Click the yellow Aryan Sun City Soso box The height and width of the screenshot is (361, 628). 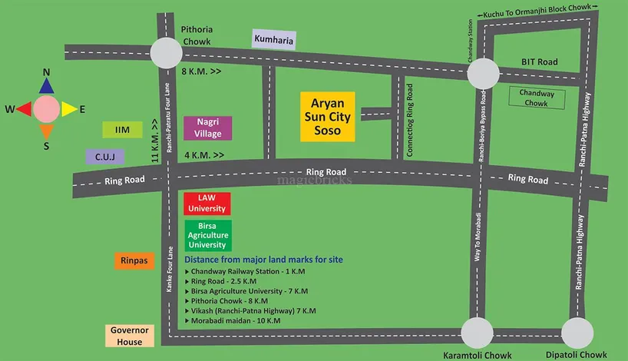tap(327, 117)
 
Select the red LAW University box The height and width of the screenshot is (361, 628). tap(207, 204)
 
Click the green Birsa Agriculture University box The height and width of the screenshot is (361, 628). tap(207, 235)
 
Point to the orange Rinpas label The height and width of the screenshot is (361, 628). tap(134, 262)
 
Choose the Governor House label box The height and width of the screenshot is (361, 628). tap(127, 336)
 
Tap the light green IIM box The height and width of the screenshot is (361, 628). tap(123, 130)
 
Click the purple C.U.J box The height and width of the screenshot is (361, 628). tap(105, 157)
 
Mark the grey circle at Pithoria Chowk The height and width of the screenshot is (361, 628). tap(166, 53)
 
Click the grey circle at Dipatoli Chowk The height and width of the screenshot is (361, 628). tap(577, 333)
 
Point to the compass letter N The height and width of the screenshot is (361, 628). tap(46, 73)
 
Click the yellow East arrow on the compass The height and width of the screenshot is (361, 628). tap(68, 109)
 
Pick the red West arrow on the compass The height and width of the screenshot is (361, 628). tap(24, 109)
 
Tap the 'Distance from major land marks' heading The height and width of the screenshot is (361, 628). tap(263, 260)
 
